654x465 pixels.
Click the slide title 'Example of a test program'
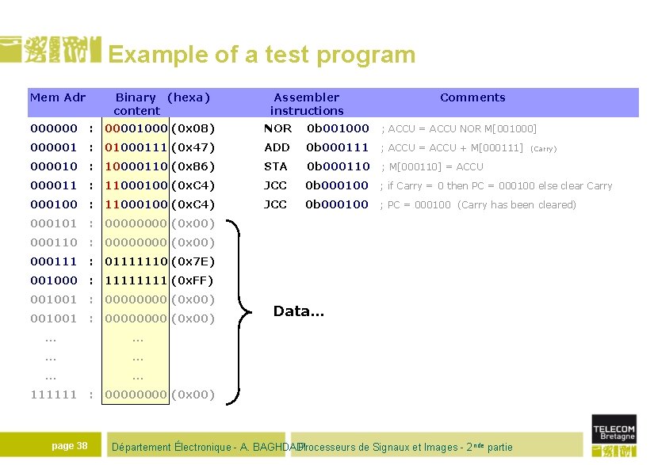[262, 55]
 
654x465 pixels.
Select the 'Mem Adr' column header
[57, 97]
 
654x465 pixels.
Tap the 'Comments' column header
[472, 97]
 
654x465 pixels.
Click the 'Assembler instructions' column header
[307, 104]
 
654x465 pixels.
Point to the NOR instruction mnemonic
[277, 128]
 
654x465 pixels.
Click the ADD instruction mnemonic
[277, 147]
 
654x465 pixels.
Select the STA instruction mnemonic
[276, 166]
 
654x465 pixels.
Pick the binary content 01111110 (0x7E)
[159, 261]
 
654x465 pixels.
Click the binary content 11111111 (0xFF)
[159, 280]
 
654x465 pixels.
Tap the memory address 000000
[54, 128]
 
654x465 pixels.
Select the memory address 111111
[54, 394]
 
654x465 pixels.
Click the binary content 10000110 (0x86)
[159, 166]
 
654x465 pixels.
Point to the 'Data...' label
[299, 311]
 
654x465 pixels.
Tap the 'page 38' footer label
[70, 446]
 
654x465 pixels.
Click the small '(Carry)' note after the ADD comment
[543, 148]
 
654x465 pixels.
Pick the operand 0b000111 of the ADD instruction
[338, 147]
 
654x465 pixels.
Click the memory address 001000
[54, 280]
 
